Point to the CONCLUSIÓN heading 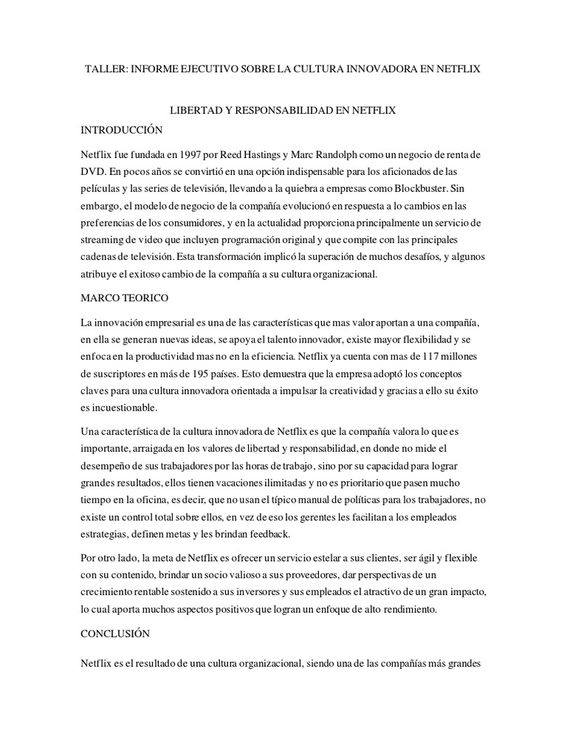(x=115, y=633)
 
